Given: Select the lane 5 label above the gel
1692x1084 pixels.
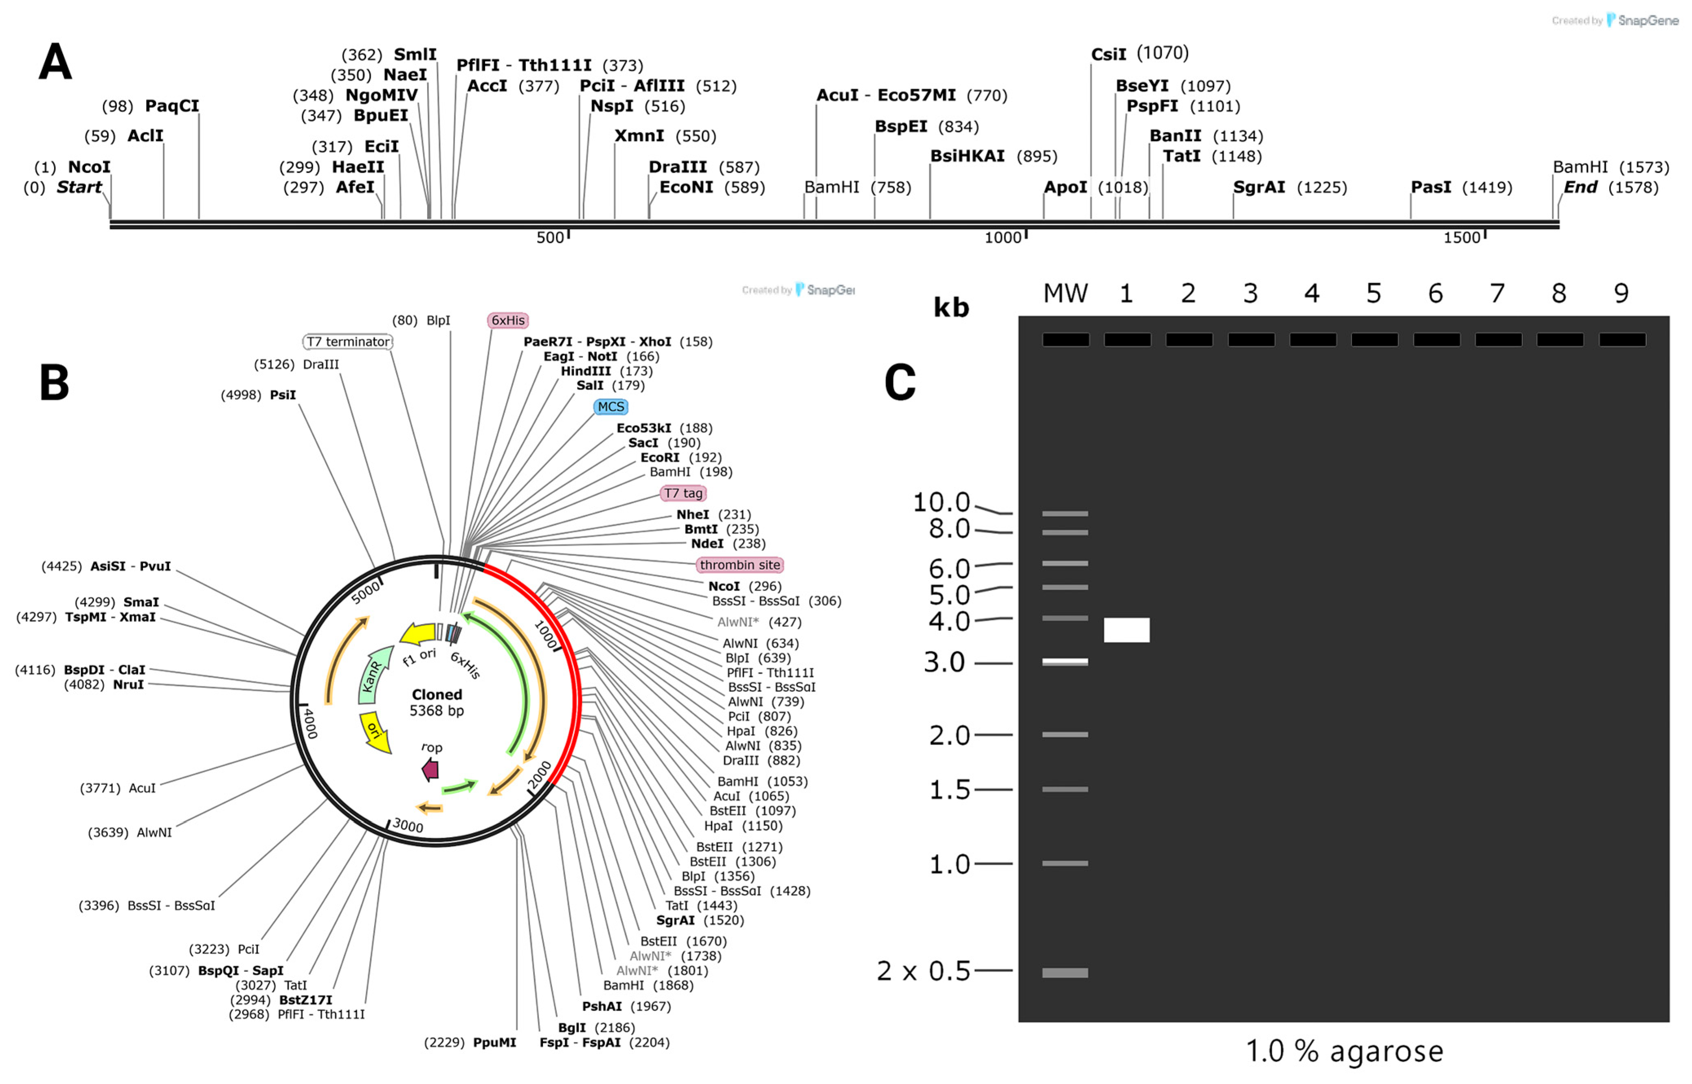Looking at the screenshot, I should point(1373,293).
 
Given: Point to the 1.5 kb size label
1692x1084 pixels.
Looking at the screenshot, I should point(950,790).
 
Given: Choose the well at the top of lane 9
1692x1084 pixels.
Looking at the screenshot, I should point(1622,340).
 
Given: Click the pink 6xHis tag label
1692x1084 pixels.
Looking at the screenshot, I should point(507,320).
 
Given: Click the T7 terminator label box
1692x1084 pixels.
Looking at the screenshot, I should point(348,341).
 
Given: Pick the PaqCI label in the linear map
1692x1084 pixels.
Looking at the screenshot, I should point(172,105).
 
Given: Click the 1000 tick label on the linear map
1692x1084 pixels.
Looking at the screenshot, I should point(1002,238).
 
